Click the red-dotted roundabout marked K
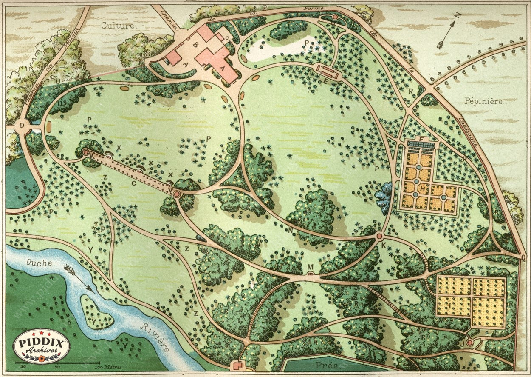click(x=380, y=236)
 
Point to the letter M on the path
click(x=311, y=267)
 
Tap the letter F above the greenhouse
click(x=421, y=139)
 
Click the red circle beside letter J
click(x=469, y=342)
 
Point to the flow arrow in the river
click(x=79, y=278)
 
